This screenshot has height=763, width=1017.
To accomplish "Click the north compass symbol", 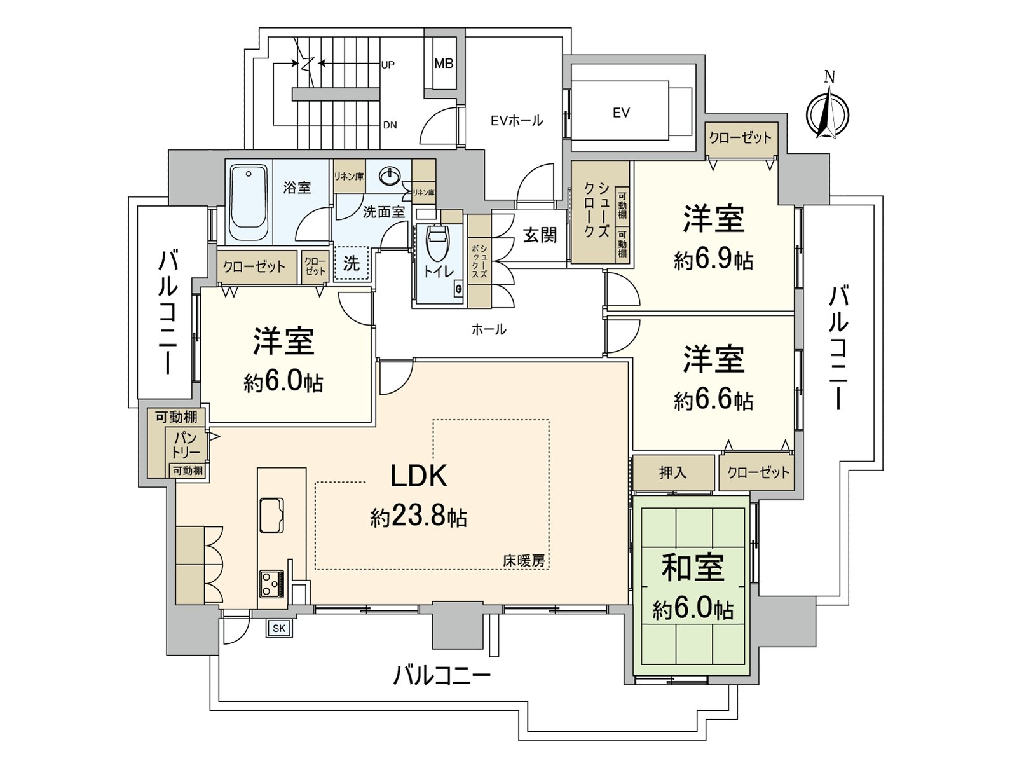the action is click(x=828, y=110).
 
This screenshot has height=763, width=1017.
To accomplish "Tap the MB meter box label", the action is click(x=444, y=64).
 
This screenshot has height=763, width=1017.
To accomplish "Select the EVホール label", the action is click(x=517, y=121).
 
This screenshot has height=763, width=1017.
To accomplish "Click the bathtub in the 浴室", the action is click(x=249, y=202).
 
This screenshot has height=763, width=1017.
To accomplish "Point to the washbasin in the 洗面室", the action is click(x=390, y=175).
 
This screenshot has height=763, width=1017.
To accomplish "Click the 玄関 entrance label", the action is click(x=540, y=235).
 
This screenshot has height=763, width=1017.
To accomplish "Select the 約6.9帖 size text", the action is click(x=714, y=261).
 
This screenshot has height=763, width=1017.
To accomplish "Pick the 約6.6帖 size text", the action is click(x=714, y=401).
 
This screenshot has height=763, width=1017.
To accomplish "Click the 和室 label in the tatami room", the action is click(x=693, y=568).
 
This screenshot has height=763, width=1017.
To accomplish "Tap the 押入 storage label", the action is click(x=672, y=473).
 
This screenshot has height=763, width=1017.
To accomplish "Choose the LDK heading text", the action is click(x=419, y=476).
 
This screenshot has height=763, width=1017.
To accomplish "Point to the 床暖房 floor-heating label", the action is click(x=524, y=561).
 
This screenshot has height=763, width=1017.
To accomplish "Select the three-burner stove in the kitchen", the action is click(x=271, y=584).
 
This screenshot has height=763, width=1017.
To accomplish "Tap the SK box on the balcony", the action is click(x=279, y=629).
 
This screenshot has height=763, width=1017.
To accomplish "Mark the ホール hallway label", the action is click(x=489, y=330).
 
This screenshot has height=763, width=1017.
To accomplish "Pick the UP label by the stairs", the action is click(x=388, y=65).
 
